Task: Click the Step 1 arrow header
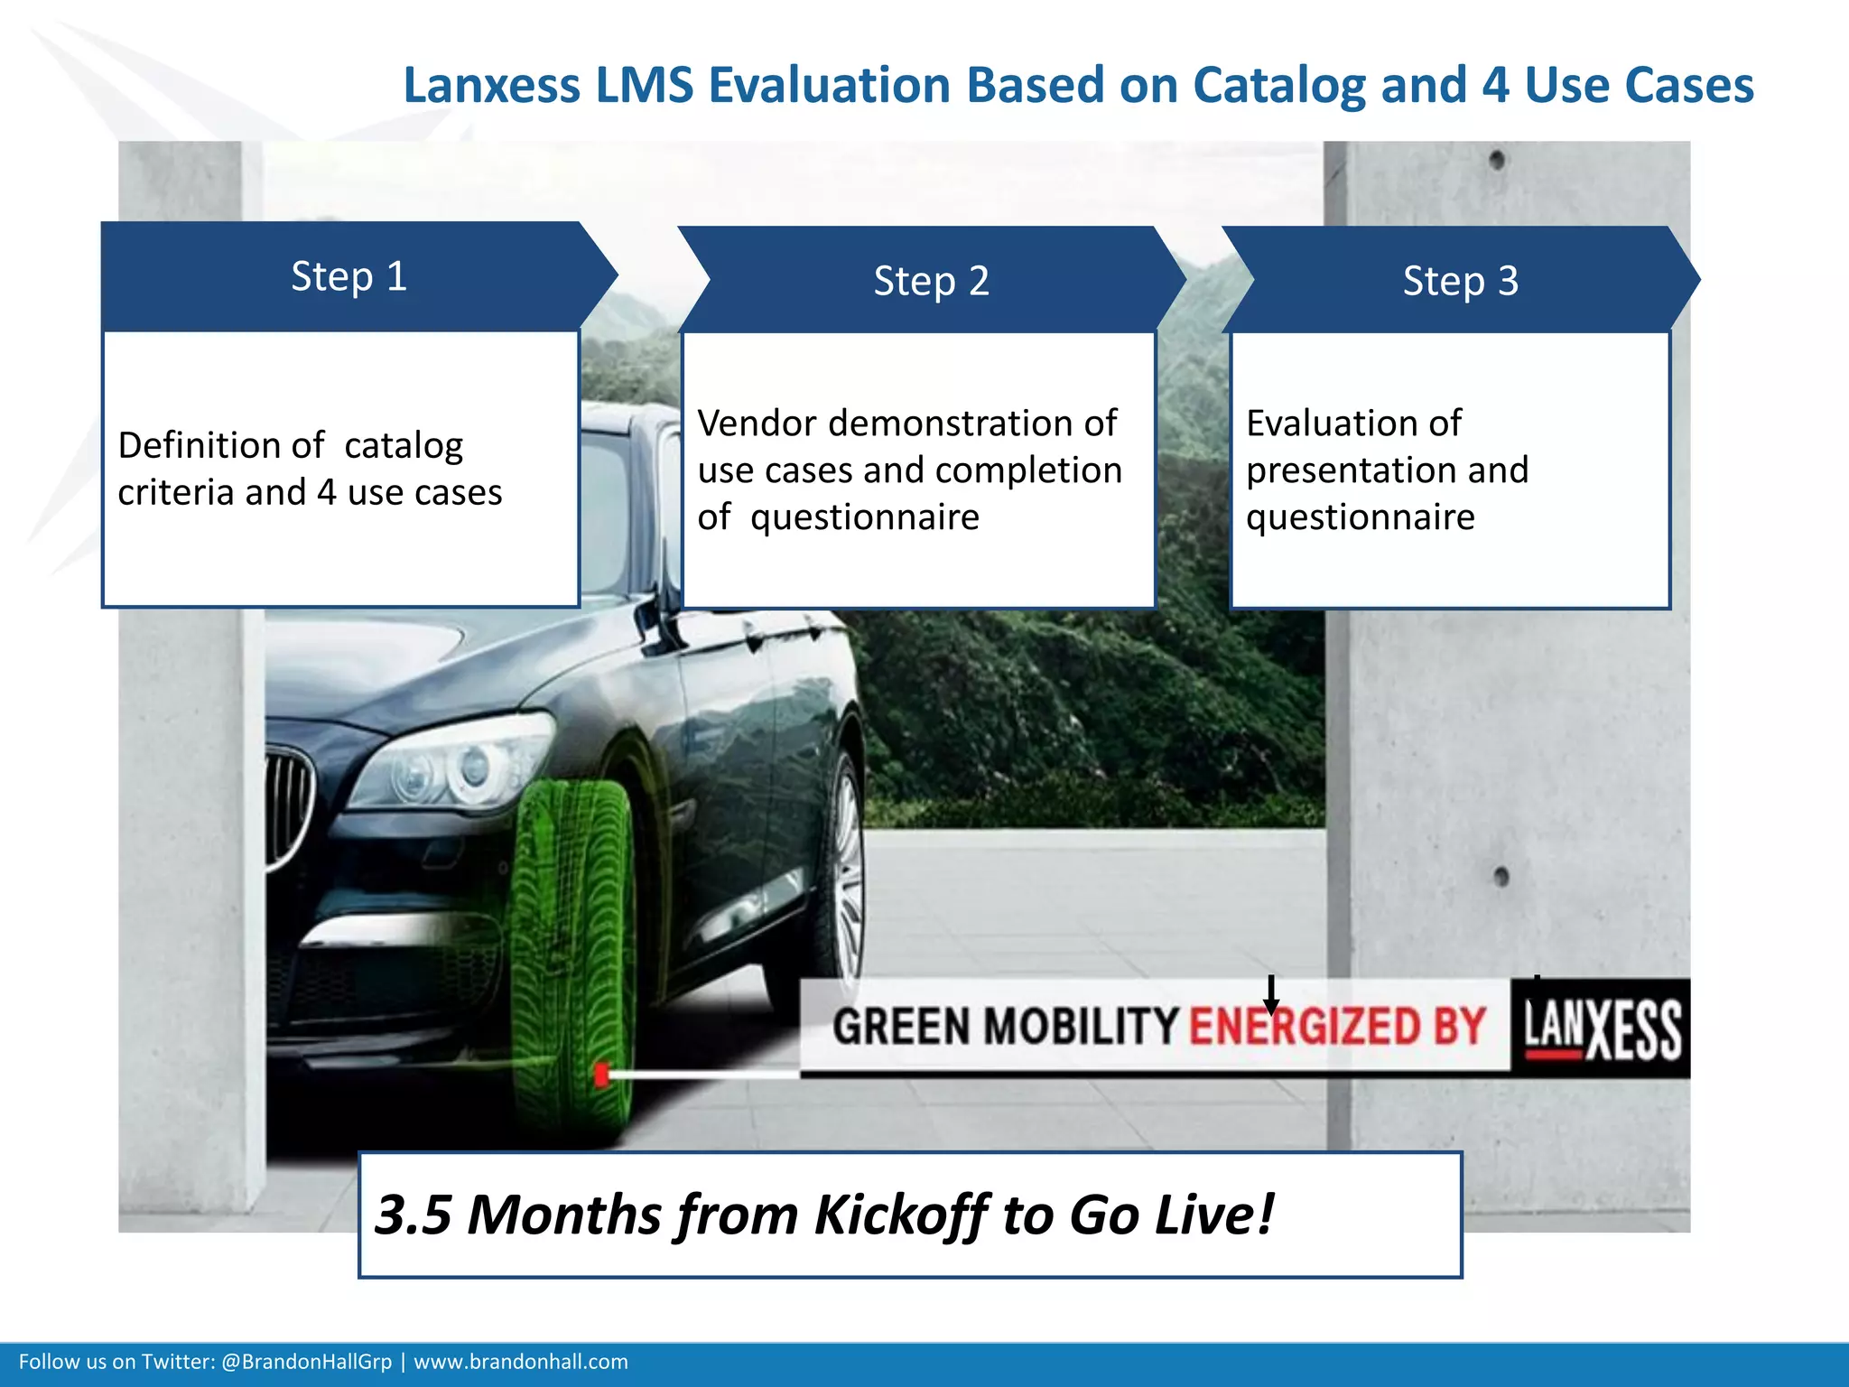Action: (349, 276)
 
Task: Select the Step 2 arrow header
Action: (931, 281)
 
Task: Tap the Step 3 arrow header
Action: (1460, 281)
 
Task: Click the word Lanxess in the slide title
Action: (491, 86)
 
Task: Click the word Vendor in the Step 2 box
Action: (756, 424)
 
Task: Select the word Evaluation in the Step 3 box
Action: (1353, 424)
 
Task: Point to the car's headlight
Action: (451, 763)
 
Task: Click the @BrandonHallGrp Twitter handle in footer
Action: (306, 1362)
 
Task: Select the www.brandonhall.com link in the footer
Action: (521, 1362)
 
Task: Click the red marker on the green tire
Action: (601, 1075)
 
